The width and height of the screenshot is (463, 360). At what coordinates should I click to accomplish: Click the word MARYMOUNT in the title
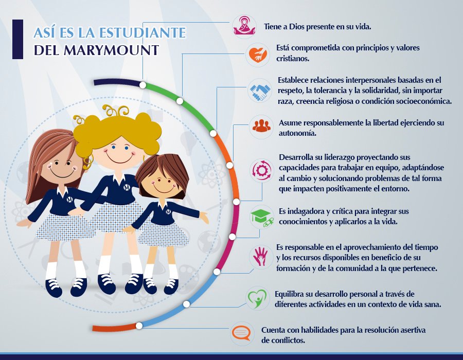click(x=111, y=50)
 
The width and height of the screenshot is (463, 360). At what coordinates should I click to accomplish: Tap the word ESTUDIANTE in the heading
click(x=142, y=32)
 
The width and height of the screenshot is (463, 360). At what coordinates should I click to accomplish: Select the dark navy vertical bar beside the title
click(x=17, y=39)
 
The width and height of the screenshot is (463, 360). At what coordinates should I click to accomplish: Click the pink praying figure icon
click(x=244, y=27)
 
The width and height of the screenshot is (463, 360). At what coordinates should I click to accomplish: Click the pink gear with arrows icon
click(x=262, y=170)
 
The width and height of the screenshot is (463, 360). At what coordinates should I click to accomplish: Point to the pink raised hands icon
click(x=260, y=256)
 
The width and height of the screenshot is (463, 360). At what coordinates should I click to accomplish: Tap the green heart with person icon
click(x=257, y=298)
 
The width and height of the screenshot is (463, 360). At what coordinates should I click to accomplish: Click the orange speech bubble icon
click(x=241, y=333)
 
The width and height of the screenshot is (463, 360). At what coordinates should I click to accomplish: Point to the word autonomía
click(x=297, y=133)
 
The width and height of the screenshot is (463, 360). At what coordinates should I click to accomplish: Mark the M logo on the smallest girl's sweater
click(x=168, y=211)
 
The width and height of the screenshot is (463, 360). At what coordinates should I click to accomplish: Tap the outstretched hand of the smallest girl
click(x=204, y=218)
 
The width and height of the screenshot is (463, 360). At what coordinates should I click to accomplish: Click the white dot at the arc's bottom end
click(x=139, y=326)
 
